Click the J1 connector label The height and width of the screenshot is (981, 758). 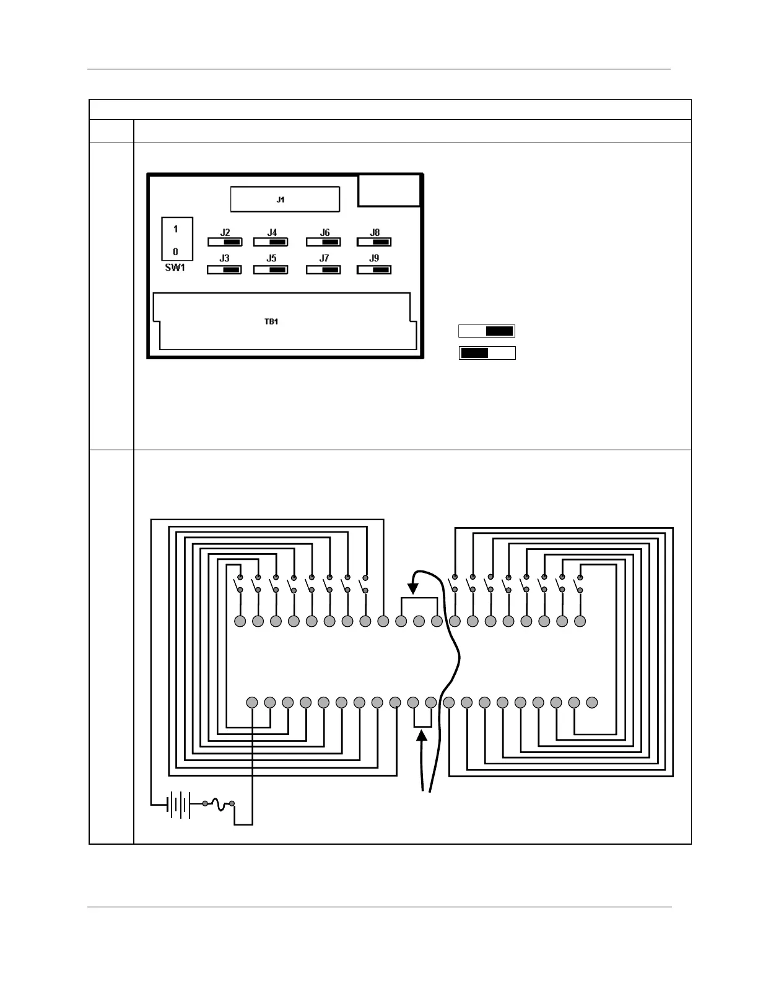[x=281, y=199]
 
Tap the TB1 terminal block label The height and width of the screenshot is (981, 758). [x=271, y=322]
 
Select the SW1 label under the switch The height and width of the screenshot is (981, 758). [x=175, y=268]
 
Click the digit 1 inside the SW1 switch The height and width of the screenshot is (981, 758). [x=176, y=229]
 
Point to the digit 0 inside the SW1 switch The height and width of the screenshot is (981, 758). [x=176, y=251]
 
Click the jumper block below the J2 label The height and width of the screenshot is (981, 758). [x=225, y=242]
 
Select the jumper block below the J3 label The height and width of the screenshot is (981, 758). [x=224, y=270]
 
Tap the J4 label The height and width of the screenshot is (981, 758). [x=272, y=233]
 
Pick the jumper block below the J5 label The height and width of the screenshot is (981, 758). [x=271, y=270]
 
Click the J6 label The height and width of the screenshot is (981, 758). [x=325, y=233]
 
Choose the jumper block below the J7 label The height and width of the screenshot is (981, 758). [x=324, y=270]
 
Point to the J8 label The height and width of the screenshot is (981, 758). [x=375, y=233]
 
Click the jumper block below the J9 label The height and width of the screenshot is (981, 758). [x=374, y=270]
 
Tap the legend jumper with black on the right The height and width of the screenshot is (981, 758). [x=487, y=331]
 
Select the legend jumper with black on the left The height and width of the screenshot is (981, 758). [x=487, y=353]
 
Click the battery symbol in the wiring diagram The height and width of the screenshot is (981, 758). [x=179, y=804]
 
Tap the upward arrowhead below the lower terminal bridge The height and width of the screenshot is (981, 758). [x=422, y=735]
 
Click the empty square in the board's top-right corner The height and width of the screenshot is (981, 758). [x=389, y=190]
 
